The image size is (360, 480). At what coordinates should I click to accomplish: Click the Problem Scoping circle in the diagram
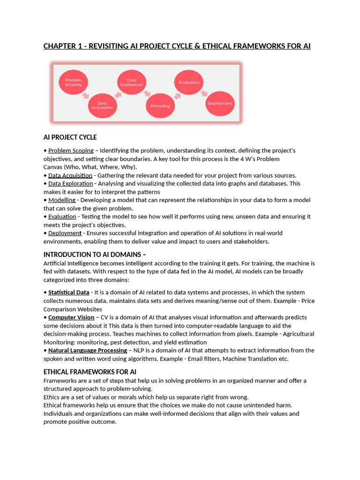[73, 82]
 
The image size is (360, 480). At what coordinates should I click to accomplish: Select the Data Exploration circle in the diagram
[132, 82]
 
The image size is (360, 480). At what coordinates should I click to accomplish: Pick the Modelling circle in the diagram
[160, 106]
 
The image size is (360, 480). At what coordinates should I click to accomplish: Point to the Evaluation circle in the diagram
[189, 82]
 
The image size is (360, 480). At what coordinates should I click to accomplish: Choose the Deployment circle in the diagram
[220, 103]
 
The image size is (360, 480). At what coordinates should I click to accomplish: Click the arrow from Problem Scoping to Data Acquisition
[85, 95]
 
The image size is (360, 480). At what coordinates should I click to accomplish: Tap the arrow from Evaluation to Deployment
[204, 93]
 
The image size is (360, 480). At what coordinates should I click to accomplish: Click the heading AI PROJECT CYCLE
[70, 137]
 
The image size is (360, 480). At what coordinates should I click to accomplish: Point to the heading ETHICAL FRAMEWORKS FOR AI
[90, 372]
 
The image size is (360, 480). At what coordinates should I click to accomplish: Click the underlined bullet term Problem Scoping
[71, 150]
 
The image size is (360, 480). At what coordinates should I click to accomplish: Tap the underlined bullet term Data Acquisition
[70, 175]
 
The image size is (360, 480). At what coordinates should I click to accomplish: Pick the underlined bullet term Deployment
[65, 233]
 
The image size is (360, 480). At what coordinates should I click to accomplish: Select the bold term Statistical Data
[68, 292]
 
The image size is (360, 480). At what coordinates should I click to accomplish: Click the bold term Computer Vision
[71, 317]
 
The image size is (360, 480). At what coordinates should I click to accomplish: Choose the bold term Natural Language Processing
[88, 350]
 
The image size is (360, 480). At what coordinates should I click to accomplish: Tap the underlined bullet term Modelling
[62, 200]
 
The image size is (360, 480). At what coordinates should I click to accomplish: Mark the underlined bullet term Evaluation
[62, 217]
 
